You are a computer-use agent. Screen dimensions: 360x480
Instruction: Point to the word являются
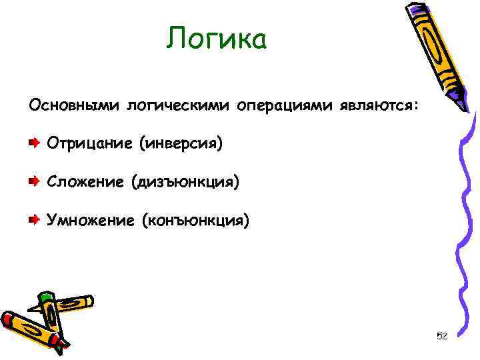coord(379,105)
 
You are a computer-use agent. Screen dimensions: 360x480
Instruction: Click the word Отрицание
coord(89,143)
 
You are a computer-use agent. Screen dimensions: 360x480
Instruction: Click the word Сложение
coord(84,181)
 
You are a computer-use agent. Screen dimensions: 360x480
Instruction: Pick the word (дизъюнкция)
coord(185,181)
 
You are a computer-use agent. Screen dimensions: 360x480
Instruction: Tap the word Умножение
coord(89,219)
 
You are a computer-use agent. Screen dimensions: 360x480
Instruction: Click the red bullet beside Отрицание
coord(33,143)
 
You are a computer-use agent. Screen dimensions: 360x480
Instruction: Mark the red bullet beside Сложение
coord(33,181)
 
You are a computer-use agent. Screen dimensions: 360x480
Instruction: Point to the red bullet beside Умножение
coord(33,219)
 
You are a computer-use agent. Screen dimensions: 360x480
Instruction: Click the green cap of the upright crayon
coord(45,297)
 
